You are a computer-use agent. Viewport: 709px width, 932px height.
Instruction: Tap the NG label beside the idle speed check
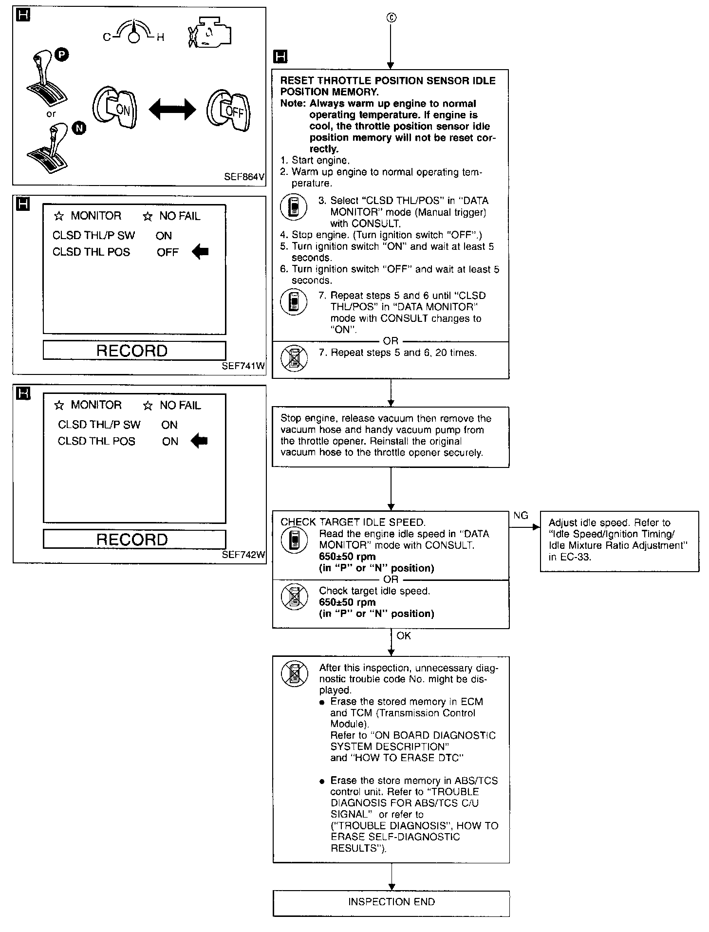(x=521, y=516)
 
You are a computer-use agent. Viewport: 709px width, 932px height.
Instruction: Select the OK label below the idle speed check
(x=404, y=636)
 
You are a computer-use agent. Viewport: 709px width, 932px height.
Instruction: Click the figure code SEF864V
(x=244, y=177)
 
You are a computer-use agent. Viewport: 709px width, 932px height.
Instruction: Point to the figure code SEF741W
(x=243, y=366)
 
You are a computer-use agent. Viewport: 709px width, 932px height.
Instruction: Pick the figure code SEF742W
(x=243, y=555)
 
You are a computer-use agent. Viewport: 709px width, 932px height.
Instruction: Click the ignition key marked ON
(x=115, y=109)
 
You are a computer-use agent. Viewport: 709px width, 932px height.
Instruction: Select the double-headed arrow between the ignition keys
(x=172, y=110)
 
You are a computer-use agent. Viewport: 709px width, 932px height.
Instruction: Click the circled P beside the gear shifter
(x=61, y=55)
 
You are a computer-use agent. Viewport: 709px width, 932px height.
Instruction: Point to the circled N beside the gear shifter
(x=79, y=128)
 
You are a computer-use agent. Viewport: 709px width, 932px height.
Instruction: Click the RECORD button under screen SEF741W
(x=134, y=351)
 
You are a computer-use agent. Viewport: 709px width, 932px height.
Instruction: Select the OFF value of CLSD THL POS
(x=168, y=252)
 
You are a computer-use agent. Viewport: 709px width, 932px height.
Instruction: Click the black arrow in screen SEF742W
(x=199, y=441)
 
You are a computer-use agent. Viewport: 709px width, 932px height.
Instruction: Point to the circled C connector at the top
(x=391, y=18)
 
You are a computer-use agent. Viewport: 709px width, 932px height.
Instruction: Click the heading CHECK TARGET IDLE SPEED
(x=353, y=522)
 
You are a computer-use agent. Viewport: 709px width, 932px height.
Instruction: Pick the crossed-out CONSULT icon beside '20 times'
(x=294, y=358)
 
